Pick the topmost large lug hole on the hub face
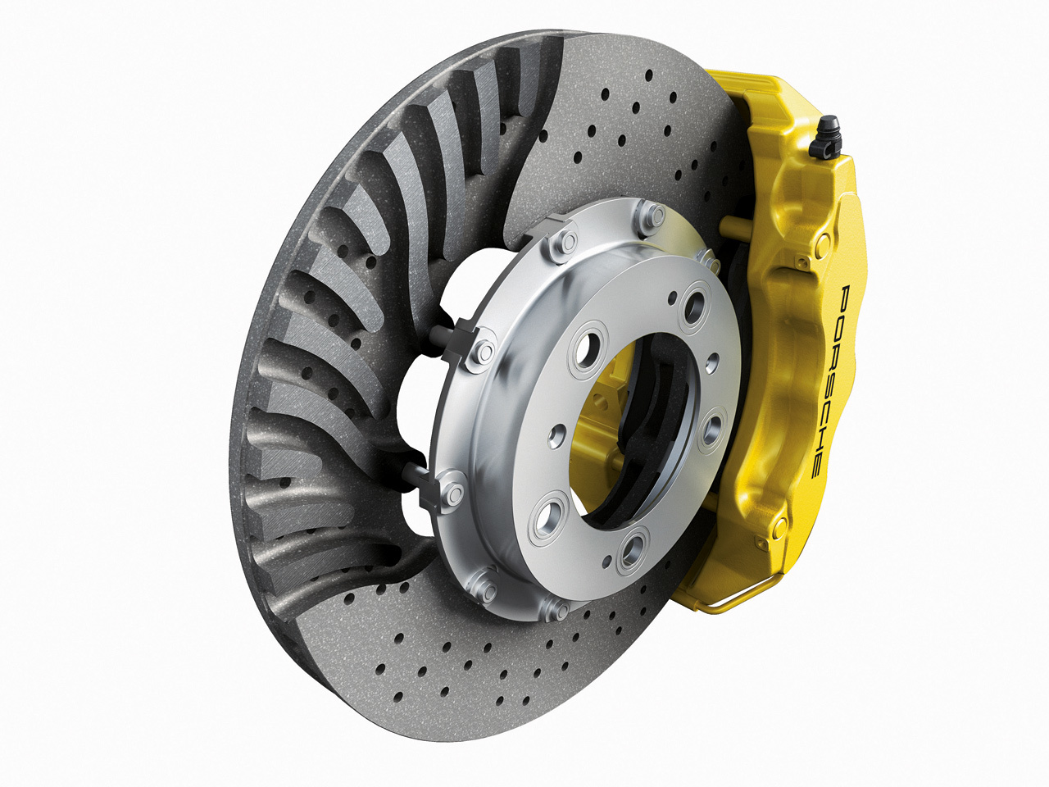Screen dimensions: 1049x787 pos(694,307)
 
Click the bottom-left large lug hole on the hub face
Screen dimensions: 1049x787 pos(547,518)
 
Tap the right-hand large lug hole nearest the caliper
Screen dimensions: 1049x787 pos(711,429)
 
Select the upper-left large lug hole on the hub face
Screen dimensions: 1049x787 pos(587,348)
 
